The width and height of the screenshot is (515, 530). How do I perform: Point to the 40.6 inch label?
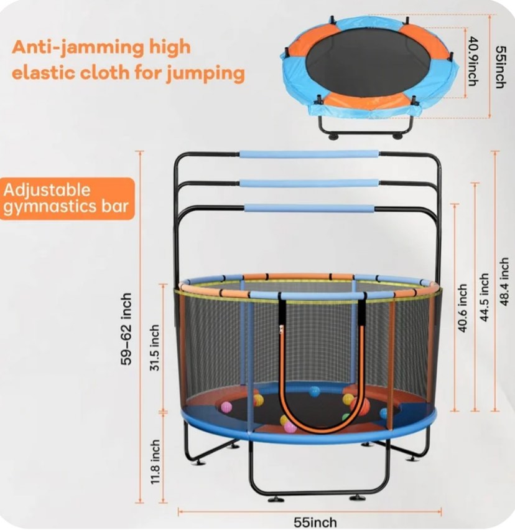[x=462, y=308]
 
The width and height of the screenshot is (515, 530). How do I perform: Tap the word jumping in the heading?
[x=205, y=73]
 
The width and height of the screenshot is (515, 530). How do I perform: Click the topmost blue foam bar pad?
[x=309, y=154]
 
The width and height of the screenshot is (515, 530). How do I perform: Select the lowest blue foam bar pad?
[x=309, y=209]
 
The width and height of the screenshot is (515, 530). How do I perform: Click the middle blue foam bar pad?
[x=309, y=184]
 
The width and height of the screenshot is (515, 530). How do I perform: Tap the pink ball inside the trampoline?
[x=226, y=407]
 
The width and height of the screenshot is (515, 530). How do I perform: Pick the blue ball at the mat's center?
[x=315, y=391]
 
